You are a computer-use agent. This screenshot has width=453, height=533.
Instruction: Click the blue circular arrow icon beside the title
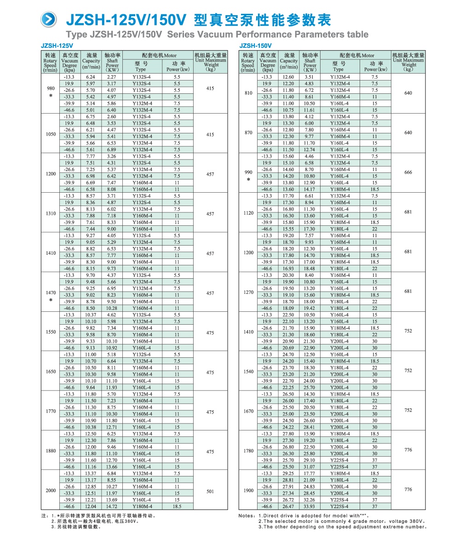pos(50,19)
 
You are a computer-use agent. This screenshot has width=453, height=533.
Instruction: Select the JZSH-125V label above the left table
pos(54,46)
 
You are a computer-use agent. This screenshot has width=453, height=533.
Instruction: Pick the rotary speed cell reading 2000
pos(51,490)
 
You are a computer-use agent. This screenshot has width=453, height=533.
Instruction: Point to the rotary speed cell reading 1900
pos(248,490)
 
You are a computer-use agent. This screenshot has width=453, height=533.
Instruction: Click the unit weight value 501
pos(210,491)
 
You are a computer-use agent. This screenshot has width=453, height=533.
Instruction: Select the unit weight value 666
pos(408,172)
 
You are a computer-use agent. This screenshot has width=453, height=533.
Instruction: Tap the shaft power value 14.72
pos(112,506)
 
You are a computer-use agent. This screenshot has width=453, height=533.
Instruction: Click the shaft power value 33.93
pos(310,506)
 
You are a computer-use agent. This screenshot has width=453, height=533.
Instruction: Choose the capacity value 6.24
pos(91,77)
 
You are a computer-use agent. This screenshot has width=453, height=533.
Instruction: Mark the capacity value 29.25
pos(288,473)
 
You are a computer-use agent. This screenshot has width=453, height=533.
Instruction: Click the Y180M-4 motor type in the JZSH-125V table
pos(142,506)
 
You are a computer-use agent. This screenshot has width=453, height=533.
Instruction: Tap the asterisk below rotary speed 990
pos(248,179)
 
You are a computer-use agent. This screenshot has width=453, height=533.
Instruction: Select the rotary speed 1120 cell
pos(248,212)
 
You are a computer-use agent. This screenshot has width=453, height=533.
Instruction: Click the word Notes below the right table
pos(247,516)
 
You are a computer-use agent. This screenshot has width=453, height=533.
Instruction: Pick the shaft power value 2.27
pos(112,77)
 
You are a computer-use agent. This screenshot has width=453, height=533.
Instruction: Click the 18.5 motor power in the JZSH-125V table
pos(177,506)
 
